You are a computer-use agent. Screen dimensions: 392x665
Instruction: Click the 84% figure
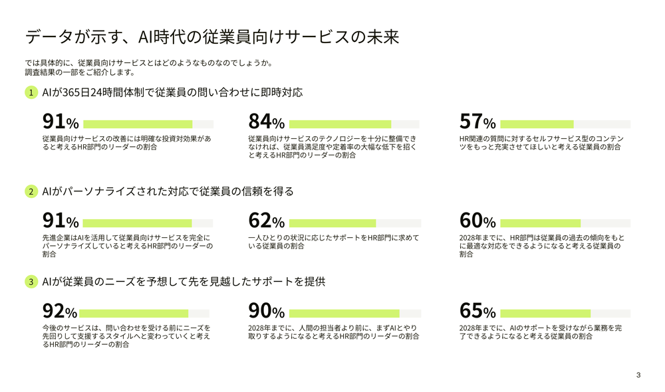(266, 122)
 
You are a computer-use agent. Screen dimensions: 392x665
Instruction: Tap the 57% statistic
(477, 122)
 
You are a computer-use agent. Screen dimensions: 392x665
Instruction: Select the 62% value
(266, 221)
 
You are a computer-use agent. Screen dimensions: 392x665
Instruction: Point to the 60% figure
(477, 221)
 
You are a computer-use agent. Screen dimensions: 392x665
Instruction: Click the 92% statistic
(60, 312)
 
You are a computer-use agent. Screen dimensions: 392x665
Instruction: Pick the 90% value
(266, 312)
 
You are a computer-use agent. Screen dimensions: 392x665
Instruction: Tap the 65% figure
(477, 312)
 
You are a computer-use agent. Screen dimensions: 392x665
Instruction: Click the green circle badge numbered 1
(31, 92)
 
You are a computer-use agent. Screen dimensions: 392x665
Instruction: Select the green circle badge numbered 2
(31, 191)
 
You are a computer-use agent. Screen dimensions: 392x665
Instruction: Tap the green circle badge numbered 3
(31, 282)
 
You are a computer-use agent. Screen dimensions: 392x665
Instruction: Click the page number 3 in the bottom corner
(638, 375)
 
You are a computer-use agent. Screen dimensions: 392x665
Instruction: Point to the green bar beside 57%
(537, 124)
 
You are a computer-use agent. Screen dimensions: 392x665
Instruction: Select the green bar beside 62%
(332, 223)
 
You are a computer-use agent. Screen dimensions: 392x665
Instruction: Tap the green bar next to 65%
(545, 314)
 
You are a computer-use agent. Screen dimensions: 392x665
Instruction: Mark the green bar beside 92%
(136, 314)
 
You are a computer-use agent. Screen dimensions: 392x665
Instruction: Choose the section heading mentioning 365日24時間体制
(172, 92)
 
